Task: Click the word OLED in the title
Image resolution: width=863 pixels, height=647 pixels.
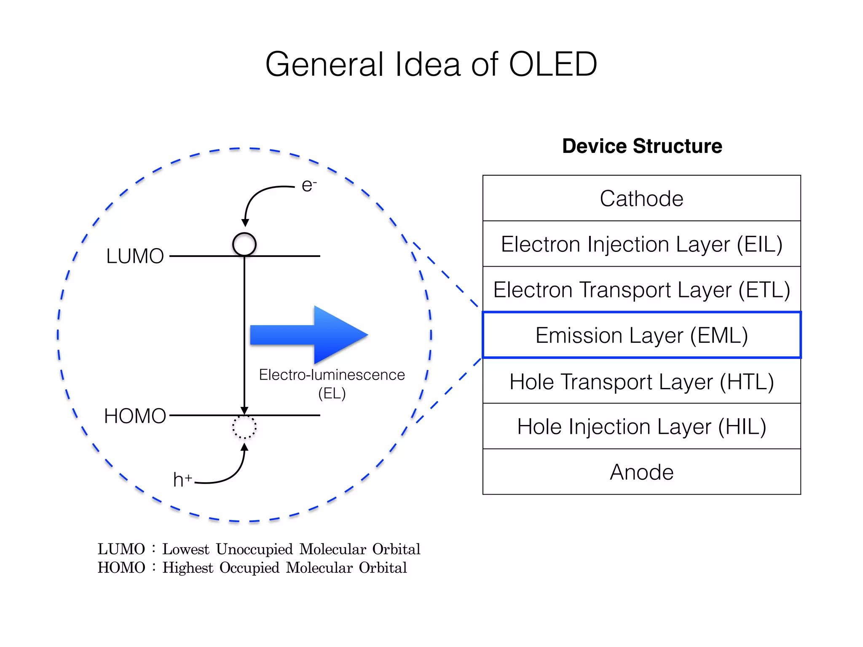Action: pos(553,64)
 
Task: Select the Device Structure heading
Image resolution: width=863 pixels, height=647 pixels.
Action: pos(642,146)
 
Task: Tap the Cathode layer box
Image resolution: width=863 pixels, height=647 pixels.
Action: pos(641,198)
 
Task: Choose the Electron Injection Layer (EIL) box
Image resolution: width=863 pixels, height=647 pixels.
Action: pos(641,244)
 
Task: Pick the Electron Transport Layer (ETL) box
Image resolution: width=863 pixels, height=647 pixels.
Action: pos(641,290)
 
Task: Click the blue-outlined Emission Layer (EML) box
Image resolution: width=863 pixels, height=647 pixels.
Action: pos(641,335)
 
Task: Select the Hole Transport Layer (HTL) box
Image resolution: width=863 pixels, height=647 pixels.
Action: pos(641,382)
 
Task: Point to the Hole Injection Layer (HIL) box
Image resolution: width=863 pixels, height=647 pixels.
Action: pos(641,427)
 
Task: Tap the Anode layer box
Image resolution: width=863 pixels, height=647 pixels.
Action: pos(641,472)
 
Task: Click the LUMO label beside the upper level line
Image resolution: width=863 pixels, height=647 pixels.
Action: pos(135,256)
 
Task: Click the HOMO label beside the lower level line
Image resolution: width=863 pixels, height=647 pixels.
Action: pos(135,416)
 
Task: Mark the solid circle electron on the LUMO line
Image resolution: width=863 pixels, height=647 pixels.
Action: pos(244,244)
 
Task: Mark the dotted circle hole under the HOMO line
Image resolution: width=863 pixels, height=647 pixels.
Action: pos(244,428)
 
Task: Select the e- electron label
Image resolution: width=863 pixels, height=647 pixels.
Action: pos(308,185)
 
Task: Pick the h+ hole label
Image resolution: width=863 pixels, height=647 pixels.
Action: pos(182,480)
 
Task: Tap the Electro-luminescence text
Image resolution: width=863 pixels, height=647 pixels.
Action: pos(332,375)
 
